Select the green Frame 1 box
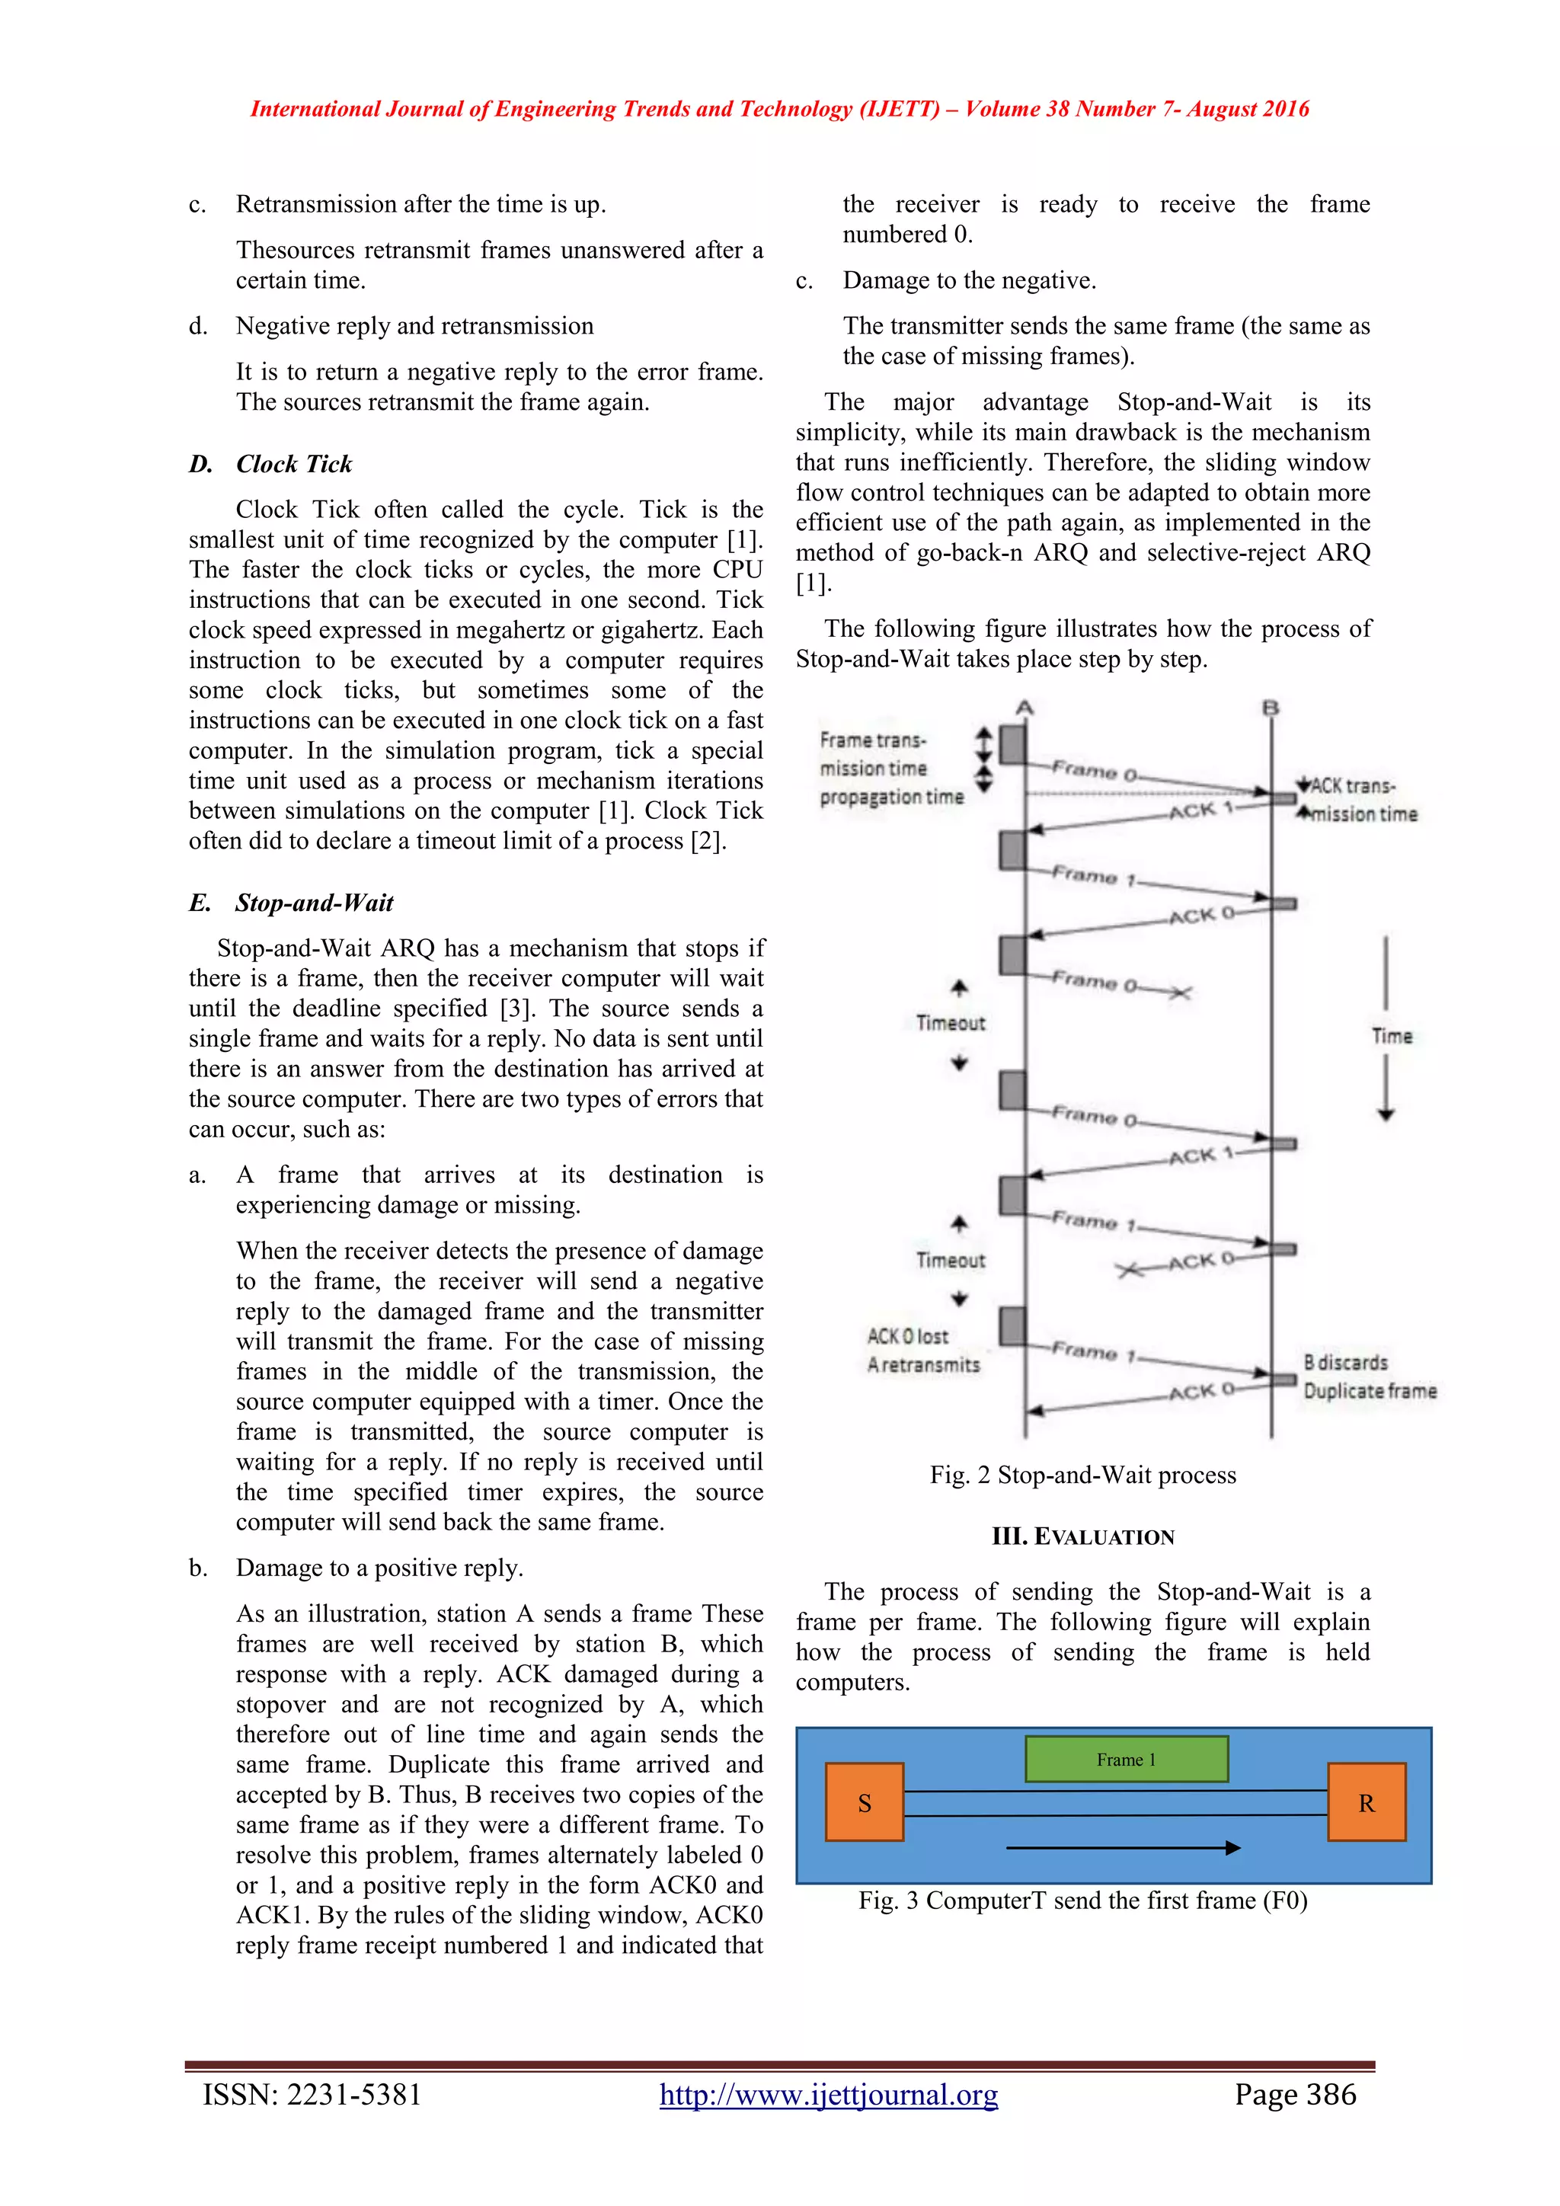click(1126, 1759)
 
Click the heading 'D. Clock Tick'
click(271, 464)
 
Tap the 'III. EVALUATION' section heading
click(1082, 1536)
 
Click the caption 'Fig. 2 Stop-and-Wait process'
click(1082, 1475)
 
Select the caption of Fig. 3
click(1082, 1901)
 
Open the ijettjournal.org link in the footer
click(828, 2095)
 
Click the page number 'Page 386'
click(1295, 2095)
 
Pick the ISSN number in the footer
click(312, 2095)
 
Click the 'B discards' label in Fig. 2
click(1345, 1363)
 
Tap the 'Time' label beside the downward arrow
click(1391, 1036)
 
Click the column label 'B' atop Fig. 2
click(1270, 708)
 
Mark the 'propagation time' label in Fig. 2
click(890, 797)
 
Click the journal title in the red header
click(779, 109)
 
